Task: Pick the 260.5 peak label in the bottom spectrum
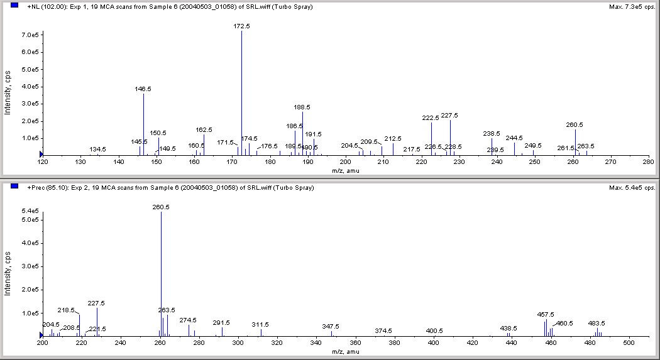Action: [x=161, y=207]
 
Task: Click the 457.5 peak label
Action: [x=546, y=314]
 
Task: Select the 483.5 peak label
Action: [x=597, y=323]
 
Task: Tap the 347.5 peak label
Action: [x=331, y=326]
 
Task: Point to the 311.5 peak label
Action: [x=260, y=324]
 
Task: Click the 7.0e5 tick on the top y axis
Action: [x=29, y=35]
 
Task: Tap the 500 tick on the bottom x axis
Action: [x=629, y=343]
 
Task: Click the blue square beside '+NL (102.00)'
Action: [x=14, y=6]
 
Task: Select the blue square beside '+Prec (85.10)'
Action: [x=14, y=187]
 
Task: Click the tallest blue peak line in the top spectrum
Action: [x=242, y=94]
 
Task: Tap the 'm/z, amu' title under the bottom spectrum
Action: [x=344, y=352]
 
